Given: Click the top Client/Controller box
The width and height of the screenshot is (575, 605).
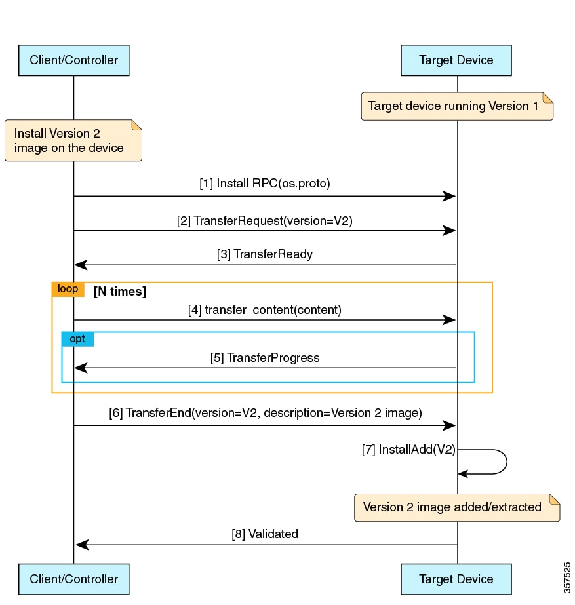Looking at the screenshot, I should (x=73, y=60).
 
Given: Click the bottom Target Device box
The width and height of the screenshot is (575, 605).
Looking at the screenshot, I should (x=456, y=579).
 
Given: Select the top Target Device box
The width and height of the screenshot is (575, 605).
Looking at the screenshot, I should (x=456, y=60).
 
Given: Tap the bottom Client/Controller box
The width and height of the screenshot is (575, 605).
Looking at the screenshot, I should (x=73, y=579).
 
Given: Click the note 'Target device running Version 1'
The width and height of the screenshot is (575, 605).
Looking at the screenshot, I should (x=457, y=106).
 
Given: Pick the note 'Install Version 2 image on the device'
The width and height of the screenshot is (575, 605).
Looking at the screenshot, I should (x=73, y=140).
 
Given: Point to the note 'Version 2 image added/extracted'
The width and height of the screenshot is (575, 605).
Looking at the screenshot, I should (x=457, y=507).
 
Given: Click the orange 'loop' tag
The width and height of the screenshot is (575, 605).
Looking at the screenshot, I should (x=68, y=289).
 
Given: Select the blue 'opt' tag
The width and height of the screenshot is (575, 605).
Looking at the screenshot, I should (x=77, y=339).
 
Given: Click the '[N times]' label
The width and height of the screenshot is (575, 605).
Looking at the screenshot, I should (x=120, y=292).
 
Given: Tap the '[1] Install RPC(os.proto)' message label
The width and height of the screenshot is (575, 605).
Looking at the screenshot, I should (x=265, y=184).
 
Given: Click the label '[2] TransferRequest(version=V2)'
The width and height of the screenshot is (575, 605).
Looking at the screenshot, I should (x=264, y=221).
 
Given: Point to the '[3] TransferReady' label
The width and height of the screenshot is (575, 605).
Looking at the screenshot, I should (x=265, y=254).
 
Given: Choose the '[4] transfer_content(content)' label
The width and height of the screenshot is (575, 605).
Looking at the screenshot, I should (x=265, y=310).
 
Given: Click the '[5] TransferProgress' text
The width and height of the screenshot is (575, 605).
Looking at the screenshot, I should (x=265, y=358).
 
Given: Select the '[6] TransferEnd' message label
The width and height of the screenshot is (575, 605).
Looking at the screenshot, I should (x=265, y=414).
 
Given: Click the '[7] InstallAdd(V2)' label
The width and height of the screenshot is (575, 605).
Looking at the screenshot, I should (x=408, y=450).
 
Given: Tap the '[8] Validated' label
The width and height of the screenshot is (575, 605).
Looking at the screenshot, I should (x=265, y=534).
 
